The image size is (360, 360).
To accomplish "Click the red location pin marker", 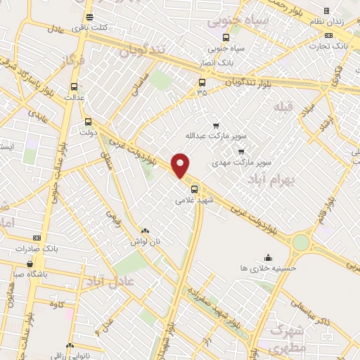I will (181, 165).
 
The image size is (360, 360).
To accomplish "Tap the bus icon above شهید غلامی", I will (195, 188).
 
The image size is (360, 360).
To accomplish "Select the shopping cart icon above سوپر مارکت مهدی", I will (241, 151).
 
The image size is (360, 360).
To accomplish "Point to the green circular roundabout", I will (301, 243).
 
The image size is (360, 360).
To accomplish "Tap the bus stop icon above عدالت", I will (75, 87).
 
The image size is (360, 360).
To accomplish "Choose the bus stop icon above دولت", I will (88, 120).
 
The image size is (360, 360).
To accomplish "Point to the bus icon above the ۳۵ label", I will (202, 82).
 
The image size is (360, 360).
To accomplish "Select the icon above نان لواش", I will (145, 231).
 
